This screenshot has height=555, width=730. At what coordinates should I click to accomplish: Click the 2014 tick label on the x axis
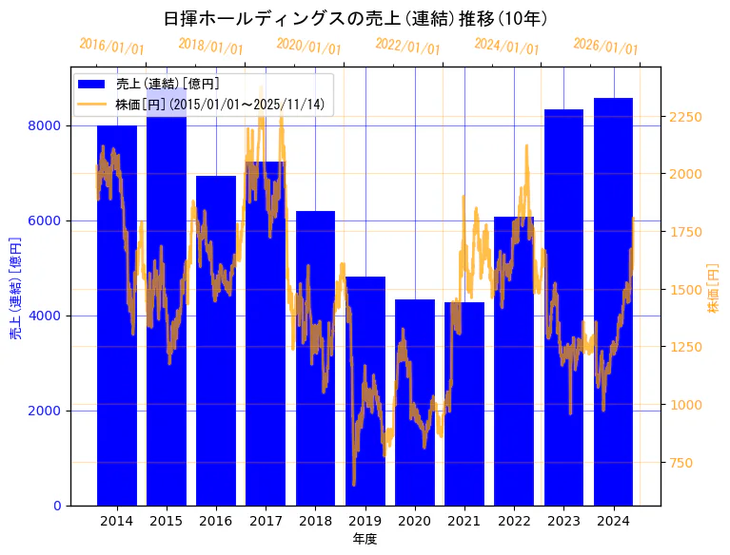(116, 521)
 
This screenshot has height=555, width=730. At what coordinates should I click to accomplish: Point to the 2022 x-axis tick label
(514, 521)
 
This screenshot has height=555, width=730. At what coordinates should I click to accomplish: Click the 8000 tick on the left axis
(47, 125)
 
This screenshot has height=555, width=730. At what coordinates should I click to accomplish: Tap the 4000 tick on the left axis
(47, 316)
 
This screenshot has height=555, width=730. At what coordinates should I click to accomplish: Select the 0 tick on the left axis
(57, 506)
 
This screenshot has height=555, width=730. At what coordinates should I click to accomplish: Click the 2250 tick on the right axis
(686, 117)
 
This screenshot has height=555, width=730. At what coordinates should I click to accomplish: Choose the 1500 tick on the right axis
(686, 290)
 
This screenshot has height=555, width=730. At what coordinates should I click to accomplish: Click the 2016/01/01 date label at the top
(112, 46)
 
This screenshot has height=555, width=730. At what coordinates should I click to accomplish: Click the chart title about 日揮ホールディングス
(355, 19)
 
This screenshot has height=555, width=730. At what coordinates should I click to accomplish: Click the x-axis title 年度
(365, 539)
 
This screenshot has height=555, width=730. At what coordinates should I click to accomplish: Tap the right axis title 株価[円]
(713, 289)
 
